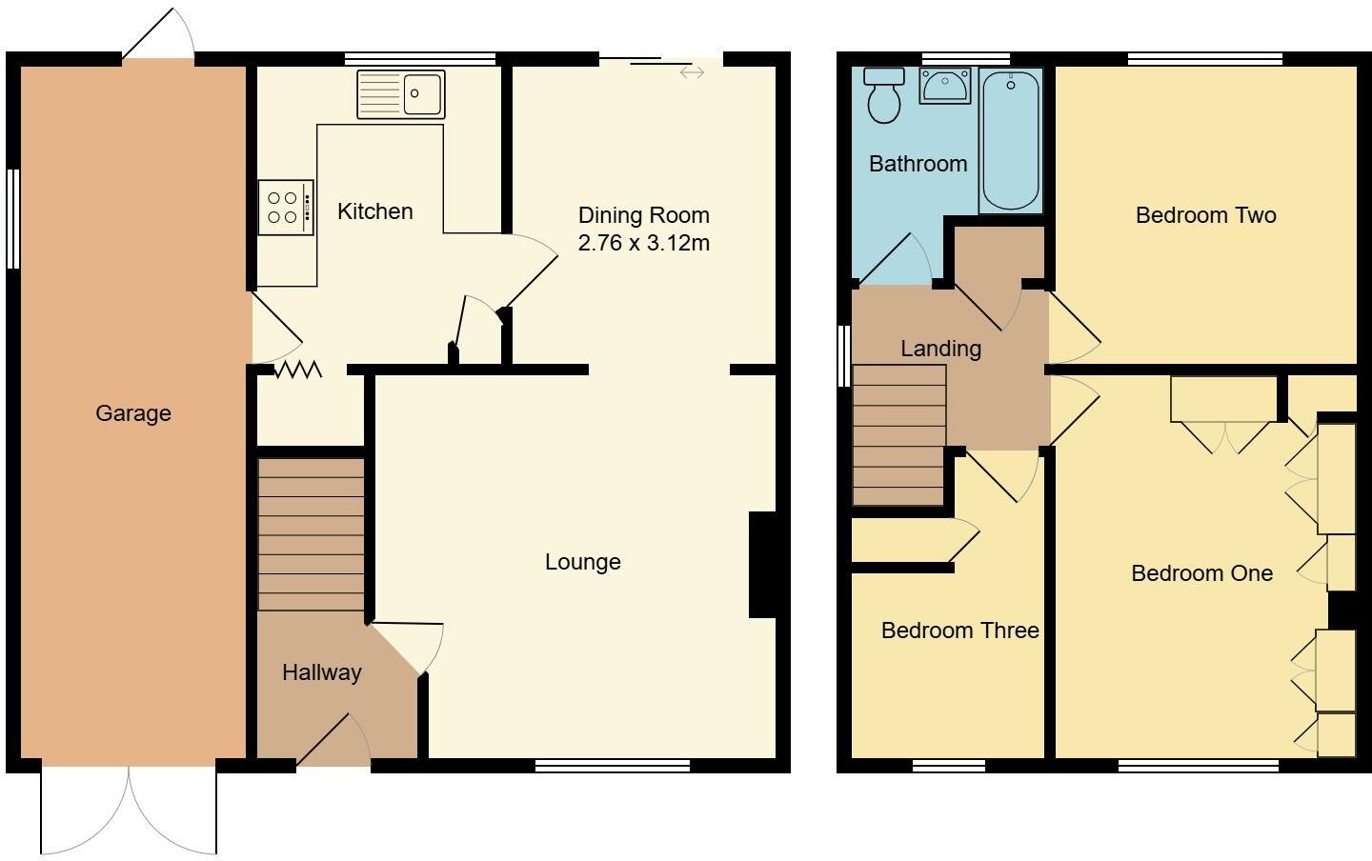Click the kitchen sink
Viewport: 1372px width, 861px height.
pyautogui.click(x=401, y=94)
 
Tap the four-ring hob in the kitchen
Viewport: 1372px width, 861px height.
pyautogui.click(x=285, y=208)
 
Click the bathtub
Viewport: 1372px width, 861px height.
pyautogui.click(x=1010, y=139)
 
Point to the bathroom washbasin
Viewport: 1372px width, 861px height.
pyautogui.click(x=944, y=85)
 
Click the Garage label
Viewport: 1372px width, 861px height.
pyautogui.click(x=133, y=413)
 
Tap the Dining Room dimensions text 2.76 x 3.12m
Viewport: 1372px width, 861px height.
pyautogui.click(x=643, y=243)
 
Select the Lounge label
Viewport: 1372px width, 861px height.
pyautogui.click(x=582, y=562)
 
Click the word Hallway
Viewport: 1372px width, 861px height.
pyautogui.click(x=321, y=672)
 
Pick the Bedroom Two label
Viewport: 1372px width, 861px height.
pyautogui.click(x=1205, y=215)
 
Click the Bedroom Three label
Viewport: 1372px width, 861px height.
pyautogui.click(x=959, y=631)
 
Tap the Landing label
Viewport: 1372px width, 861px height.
pyautogui.click(x=940, y=349)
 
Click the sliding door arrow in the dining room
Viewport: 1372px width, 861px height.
pyautogui.click(x=692, y=71)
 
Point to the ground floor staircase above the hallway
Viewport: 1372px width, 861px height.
pyautogui.click(x=312, y=534)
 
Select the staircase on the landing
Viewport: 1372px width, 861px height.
pyautogui.click(x=898, y=435)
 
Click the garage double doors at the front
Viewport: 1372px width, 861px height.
pyautogui.click(x=129, y=810)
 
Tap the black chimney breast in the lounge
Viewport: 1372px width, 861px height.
pyautogui.click(x=763, y=566)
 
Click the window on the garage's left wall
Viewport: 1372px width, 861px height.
pyautogui.click(x=13, y=219)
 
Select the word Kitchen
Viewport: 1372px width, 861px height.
pyautogui.click(x=374, y=211)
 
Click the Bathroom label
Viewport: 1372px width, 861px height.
pyautogui.click(x=918, y=164)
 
